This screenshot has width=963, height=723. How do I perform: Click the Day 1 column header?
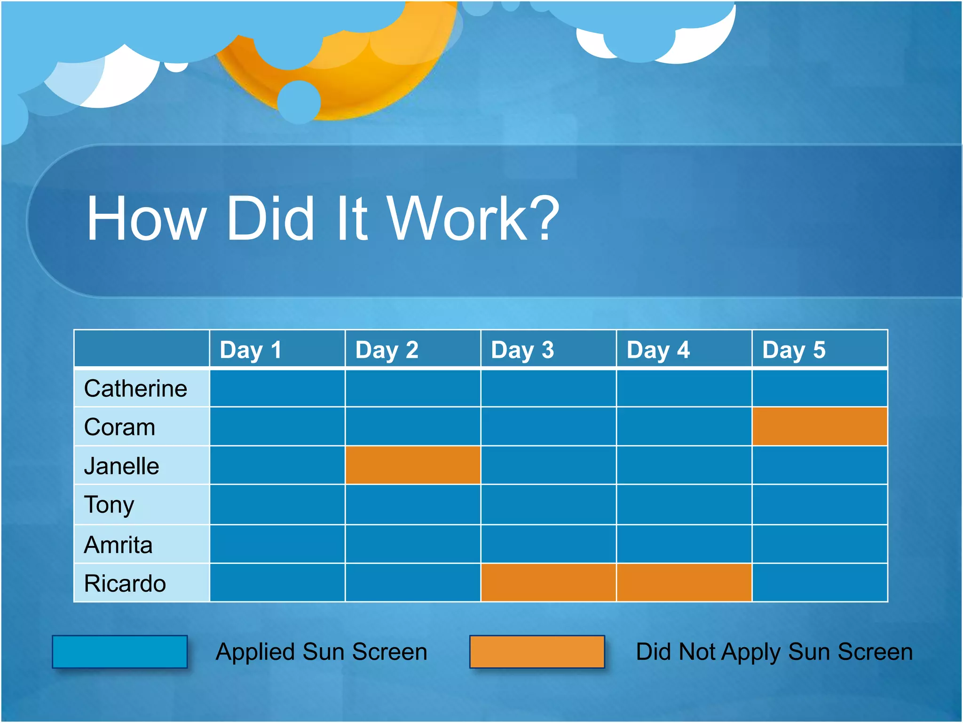pos(251,350)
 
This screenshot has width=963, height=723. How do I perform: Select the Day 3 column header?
pos(522,350)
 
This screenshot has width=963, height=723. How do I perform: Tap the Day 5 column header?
pos(794,350)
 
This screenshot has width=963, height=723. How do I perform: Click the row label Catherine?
pos(135,389)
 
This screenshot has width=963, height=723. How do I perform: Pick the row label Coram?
pos(119,427)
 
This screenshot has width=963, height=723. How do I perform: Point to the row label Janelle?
pos(121,466)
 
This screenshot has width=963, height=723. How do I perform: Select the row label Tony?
pos(109,505)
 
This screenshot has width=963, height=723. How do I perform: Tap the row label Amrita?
pos(118,545)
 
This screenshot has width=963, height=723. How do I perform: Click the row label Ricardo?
pos(125,583)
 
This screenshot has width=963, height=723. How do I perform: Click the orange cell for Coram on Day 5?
pos(820,426)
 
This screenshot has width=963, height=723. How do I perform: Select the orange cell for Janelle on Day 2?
pos(413,465)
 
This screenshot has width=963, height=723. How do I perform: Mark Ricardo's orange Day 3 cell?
pos(548,583)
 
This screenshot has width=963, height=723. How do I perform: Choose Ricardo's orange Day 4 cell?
pos(684,583)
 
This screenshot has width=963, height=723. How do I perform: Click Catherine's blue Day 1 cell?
pos(277,388)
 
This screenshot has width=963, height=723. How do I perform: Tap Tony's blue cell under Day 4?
pos(684,505)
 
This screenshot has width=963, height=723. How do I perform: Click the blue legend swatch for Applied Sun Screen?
pos(120,651)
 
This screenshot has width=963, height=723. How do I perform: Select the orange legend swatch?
pos(537,651)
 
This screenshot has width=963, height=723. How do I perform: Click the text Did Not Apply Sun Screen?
pos(774,652)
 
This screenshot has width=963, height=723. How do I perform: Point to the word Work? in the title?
pos(473,219)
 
